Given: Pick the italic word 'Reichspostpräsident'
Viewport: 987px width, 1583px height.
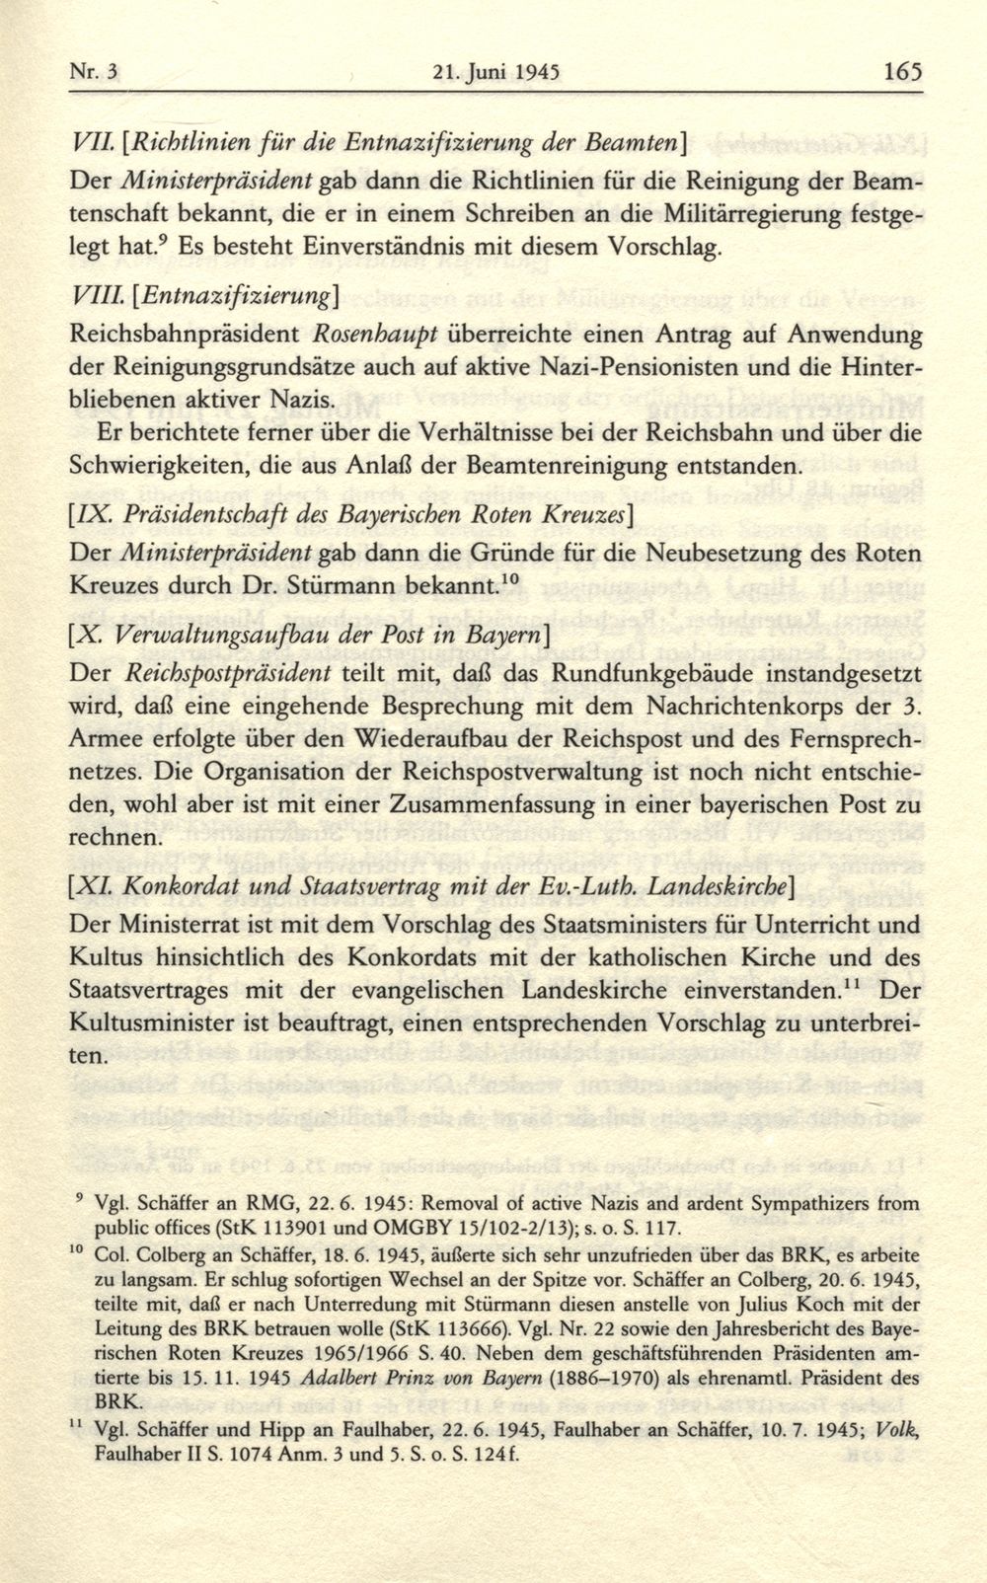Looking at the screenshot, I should pos(230,675).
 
